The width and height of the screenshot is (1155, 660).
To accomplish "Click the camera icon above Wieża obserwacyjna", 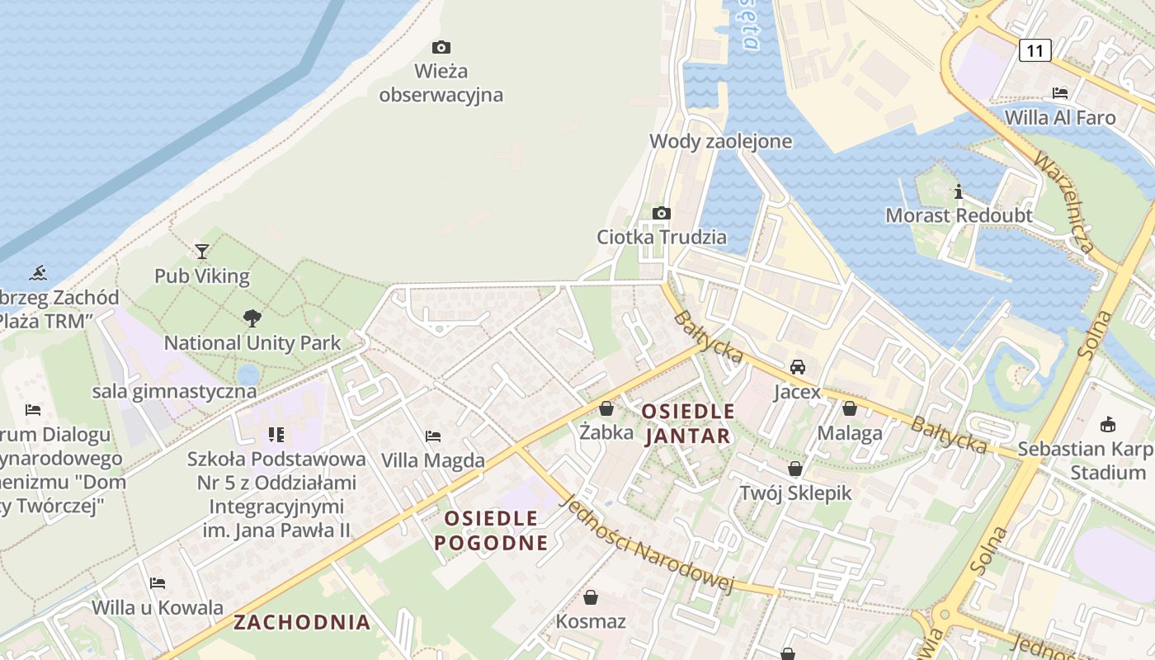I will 441,47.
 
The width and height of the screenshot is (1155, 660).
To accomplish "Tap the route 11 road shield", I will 1035,50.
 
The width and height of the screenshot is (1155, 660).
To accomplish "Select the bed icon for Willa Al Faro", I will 1060,92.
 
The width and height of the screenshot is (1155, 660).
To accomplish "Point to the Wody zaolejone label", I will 720,141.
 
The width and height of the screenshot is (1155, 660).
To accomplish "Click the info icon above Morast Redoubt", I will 958,191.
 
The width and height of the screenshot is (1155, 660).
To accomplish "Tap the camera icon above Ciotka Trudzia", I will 661,213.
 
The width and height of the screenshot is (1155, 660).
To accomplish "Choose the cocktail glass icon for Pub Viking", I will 201,251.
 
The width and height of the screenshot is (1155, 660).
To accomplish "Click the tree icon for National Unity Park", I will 252,318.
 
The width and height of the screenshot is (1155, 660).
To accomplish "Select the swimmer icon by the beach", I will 37,272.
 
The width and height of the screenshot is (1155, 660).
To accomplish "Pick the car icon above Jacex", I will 797,366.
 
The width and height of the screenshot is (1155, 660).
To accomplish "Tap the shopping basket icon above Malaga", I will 849,408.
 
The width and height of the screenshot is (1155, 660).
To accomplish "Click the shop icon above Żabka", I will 606,408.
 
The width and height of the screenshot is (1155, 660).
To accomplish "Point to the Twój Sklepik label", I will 794,493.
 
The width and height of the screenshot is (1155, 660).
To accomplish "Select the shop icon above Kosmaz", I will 591,596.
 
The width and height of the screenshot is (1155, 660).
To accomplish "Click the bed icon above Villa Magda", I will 432,436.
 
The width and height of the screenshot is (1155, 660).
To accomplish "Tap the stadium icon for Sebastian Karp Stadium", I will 1107,424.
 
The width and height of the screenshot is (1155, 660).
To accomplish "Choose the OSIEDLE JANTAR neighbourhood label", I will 687,423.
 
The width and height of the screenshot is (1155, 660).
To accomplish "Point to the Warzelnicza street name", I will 1063,201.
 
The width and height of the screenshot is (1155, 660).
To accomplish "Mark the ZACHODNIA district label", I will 302,622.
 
